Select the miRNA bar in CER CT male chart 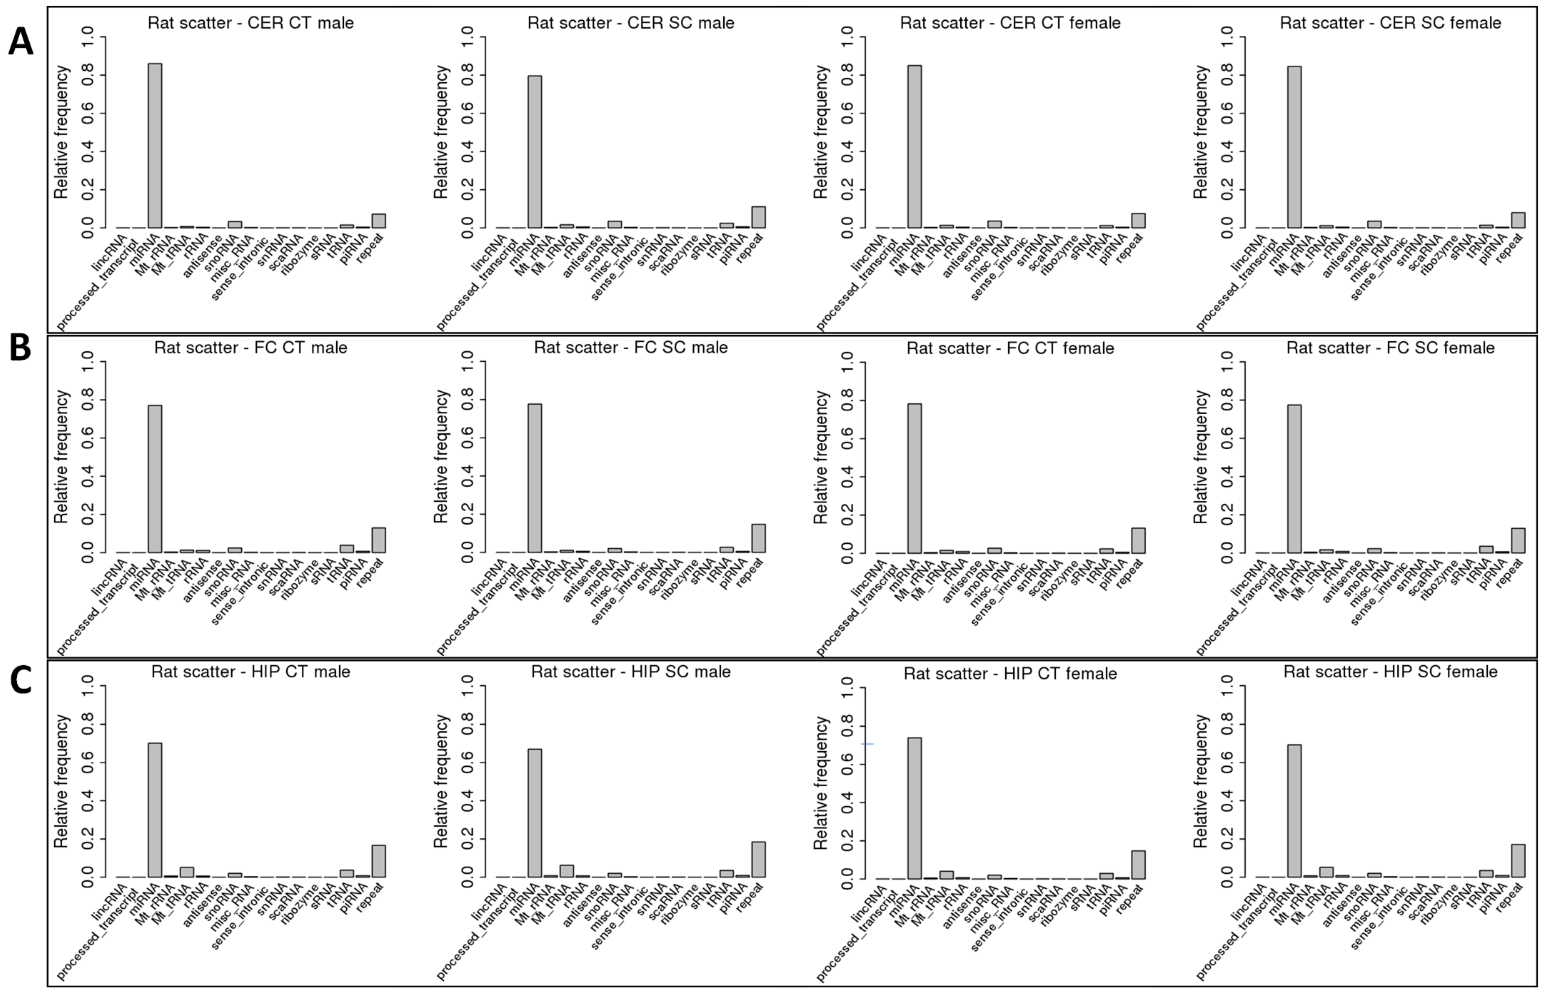pyautogui.click(x=155, y=146)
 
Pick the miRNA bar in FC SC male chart pyautogui.click(x=534, y=478)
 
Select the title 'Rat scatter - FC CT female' pyautogui.click(x=1010, y=349)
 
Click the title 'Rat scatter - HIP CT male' pyautogui.click(x=250, y=671)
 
